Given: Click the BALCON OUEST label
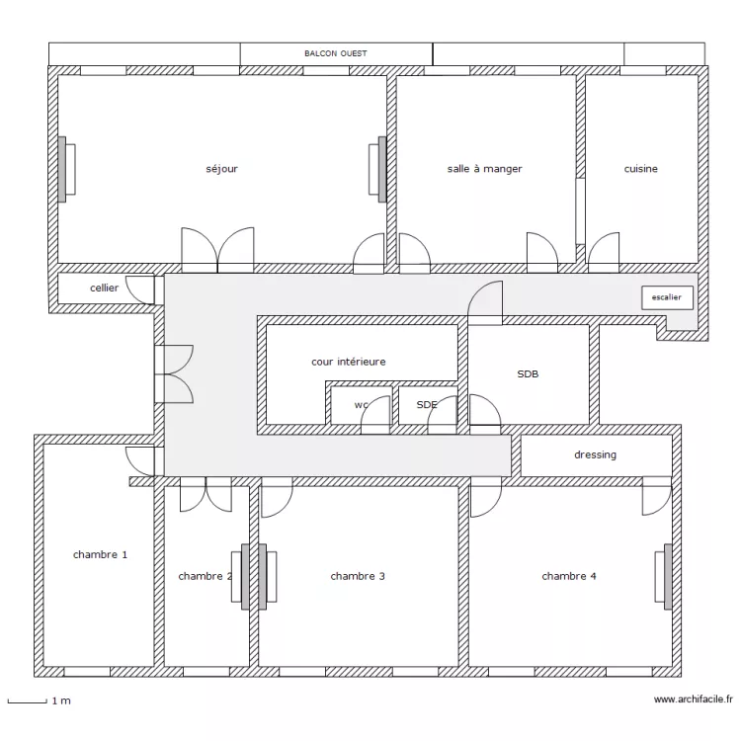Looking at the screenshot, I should [x=336, y=53].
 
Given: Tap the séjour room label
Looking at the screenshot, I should [x=221, y=169].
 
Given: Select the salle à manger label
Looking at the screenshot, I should [x=484, y=169].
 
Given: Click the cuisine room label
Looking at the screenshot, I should [x=640, y=169].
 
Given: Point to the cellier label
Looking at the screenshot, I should [x=104, y=288].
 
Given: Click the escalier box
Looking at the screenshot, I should [x=667, y=296].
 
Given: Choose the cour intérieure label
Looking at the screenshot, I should [x=348, y=362].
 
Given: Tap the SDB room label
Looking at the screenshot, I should [x=528, y=374].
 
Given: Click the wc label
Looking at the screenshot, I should [x=361, y=405].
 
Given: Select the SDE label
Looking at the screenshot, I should [x=426, y=405].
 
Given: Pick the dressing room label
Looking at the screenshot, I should [x=595, y=454].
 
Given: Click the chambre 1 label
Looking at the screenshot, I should [x=100, y=555].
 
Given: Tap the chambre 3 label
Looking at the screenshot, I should [x=358, y=576].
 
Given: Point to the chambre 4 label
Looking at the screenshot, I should [x=568, y=576].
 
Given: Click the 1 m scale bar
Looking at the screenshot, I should [x=27, y=701].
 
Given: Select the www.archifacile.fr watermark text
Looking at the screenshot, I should [x=694, y=700].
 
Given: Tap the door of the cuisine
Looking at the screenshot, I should [x=604, y=253].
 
